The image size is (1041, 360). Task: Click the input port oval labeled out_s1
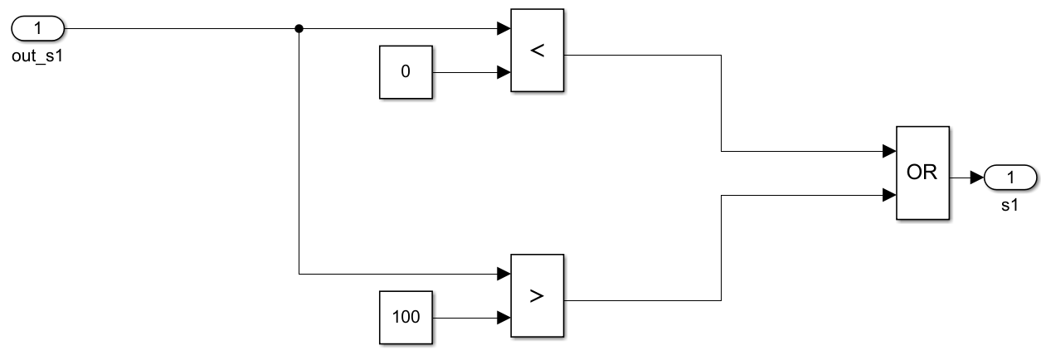(38, 29)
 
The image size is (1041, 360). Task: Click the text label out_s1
(35, 57)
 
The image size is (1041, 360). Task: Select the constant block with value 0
(406, 72)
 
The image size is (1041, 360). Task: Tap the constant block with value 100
(406, 317)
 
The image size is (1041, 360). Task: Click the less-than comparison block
(537, 51)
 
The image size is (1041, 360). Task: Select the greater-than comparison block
(537, 295)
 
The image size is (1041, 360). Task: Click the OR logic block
(922, 173)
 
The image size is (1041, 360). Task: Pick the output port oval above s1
(1009, 177)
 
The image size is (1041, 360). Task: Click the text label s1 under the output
(1009, 205)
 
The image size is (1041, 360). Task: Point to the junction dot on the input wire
(299, 29)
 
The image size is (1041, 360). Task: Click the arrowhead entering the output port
(976, 177)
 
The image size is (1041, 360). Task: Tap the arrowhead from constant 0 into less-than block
(503, 72)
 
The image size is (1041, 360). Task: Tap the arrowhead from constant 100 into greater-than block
(503, 317)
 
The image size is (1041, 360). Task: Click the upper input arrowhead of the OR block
(889, 152)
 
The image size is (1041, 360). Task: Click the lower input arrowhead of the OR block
(889, 196)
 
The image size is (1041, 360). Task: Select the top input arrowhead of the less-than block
(503, 29)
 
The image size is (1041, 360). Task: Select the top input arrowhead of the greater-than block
(503, 274)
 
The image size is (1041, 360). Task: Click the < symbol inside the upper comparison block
(537, 51)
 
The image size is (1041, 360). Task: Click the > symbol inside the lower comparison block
(537, 295)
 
